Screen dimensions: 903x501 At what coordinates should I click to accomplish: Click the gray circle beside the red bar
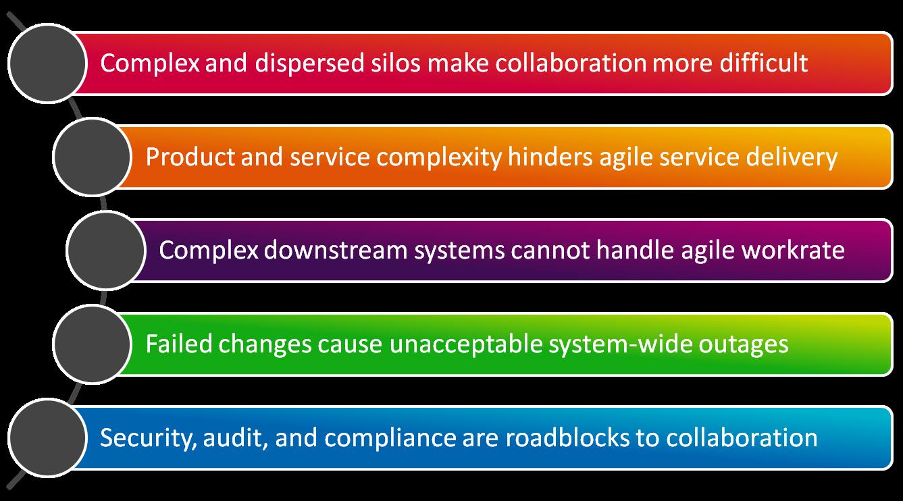click(47, 63)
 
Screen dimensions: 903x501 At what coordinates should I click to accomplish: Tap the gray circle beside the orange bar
click(93, 157)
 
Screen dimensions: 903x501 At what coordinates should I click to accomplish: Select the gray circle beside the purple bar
click(106, 250)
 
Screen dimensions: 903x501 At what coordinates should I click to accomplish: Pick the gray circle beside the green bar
click(93, 344)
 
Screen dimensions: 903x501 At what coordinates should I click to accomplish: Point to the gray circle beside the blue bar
click(47, 438)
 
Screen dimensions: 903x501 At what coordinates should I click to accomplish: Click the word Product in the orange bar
click(190, 157)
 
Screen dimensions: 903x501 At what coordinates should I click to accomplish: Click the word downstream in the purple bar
click(336, 250)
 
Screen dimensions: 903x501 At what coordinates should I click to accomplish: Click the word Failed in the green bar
click(178, 344)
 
